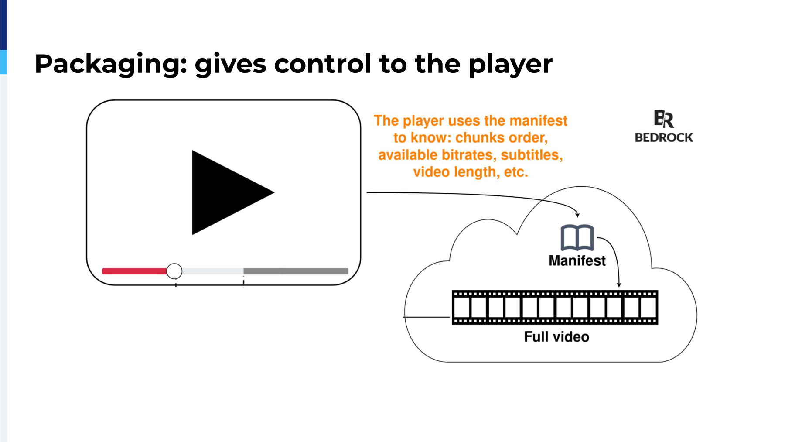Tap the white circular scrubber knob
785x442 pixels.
174,271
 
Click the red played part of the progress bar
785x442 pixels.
134,271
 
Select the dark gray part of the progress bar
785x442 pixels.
296,271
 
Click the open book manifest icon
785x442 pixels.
577,238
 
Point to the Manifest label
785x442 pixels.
577,260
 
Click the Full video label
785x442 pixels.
556,337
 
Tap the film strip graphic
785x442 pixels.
555,308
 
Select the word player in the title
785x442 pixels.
511,65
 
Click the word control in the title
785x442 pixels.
322,64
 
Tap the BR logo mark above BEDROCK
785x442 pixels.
664,119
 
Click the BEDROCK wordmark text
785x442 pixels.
664,137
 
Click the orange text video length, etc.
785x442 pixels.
471,172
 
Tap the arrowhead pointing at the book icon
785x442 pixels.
577,215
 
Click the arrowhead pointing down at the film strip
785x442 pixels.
619,285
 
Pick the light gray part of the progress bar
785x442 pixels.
213,271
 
